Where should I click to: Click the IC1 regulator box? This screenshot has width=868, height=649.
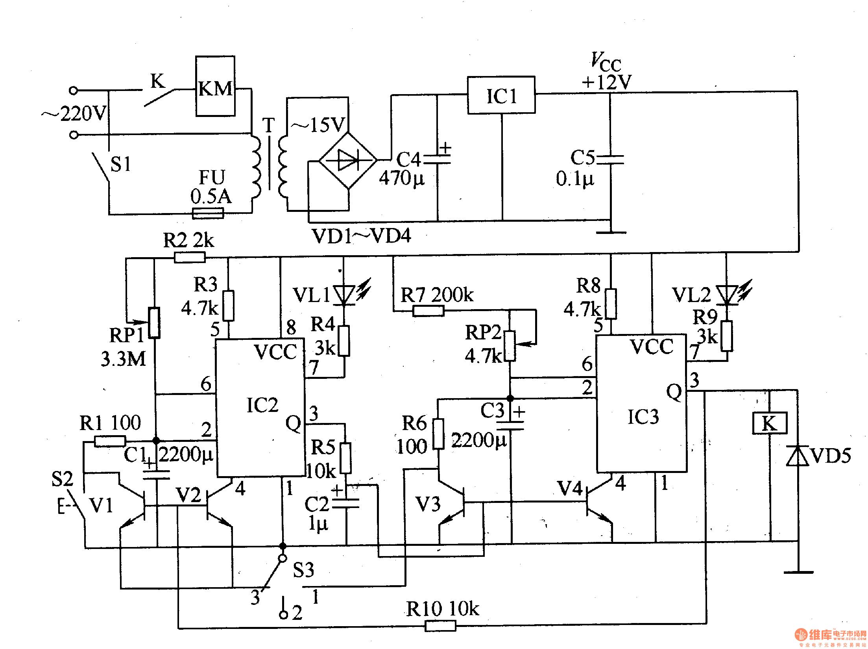[x=501, y=95]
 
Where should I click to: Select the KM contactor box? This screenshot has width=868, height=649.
[x=215, y=87]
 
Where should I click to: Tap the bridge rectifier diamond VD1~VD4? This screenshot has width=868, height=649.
[x=348, y=160]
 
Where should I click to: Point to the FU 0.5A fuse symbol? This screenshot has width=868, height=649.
[x=208, y=213]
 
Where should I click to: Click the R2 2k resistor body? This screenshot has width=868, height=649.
[x=189, y=258]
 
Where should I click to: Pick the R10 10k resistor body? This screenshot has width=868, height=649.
[x=440, y=625]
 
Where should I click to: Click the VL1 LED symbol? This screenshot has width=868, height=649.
[x=344, y=295]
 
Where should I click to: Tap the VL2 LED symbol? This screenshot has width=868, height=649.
[x=726, y=295]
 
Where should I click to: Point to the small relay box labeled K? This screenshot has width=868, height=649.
[x=770, y=423]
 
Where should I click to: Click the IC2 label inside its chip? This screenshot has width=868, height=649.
[x=262, y=405]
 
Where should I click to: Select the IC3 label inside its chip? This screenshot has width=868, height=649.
[x=643, y=417]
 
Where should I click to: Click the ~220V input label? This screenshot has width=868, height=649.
[x=75, y=113]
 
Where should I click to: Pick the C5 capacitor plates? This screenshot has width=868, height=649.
[x=610, y=159]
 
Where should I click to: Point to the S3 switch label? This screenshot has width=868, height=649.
[x=303, y=570]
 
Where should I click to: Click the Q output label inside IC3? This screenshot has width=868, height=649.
[x=674, y=392]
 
